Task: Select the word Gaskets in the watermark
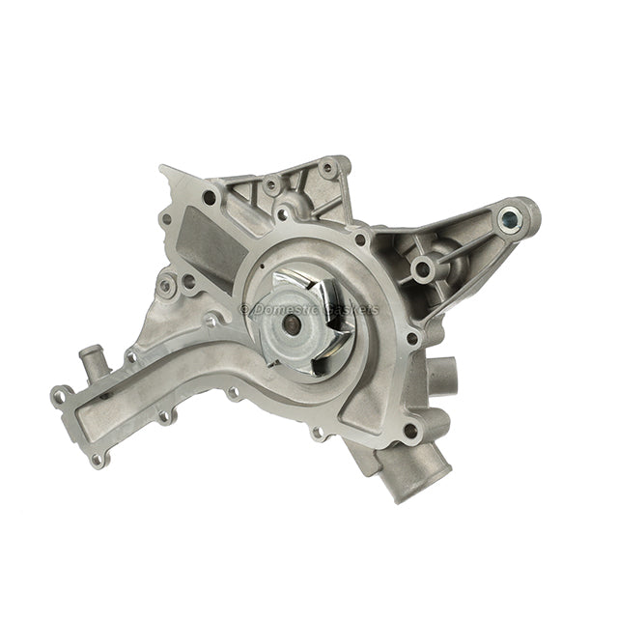coord(353,309)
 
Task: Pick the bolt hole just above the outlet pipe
coord(410,431)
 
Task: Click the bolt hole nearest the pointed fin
coord(209,198)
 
